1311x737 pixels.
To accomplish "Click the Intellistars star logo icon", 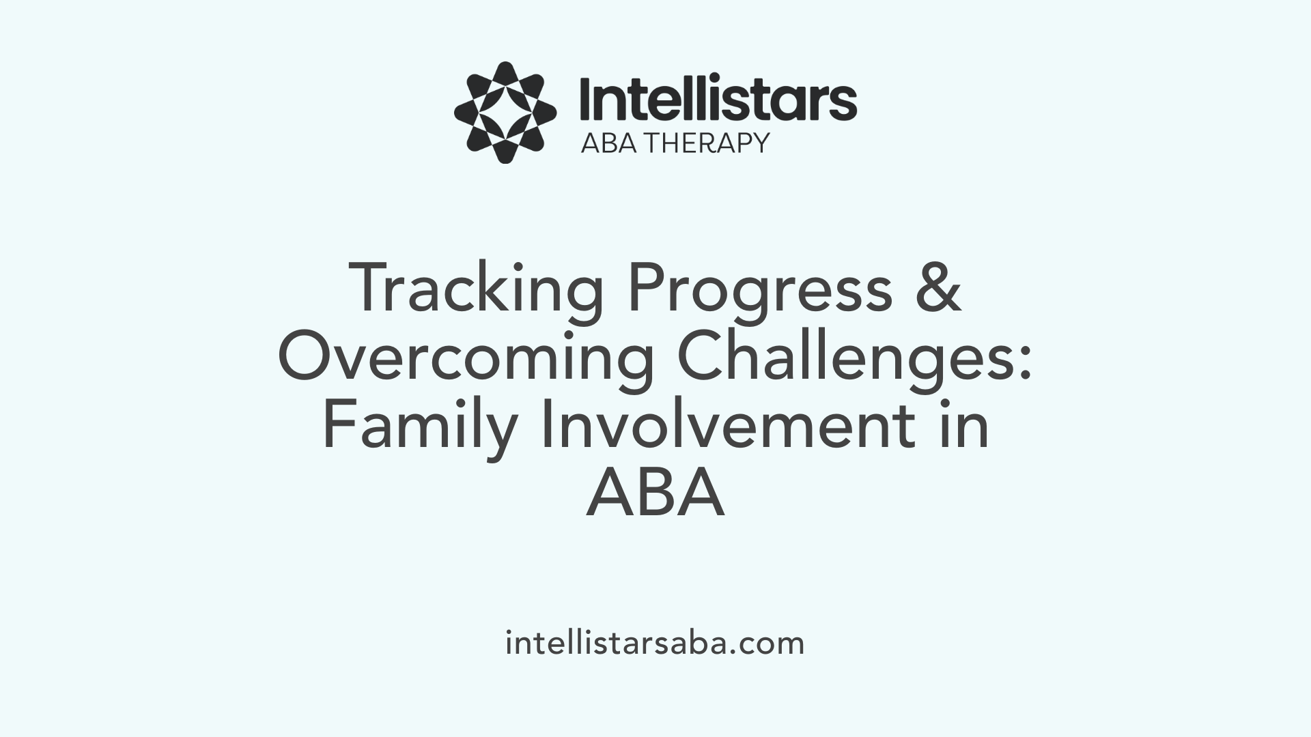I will [505, 112].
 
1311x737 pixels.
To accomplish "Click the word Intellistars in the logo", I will [718, 100].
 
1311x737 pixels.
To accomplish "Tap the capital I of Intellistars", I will [585, 100].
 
